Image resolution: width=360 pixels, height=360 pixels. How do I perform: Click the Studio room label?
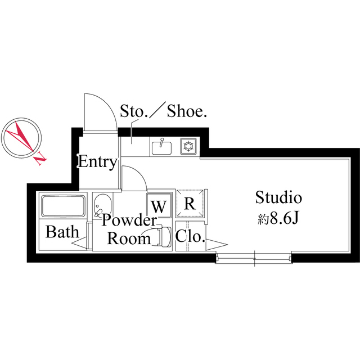[279, 197]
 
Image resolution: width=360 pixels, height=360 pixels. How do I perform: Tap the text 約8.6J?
[277, 219]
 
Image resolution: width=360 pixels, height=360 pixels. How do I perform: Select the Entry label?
[97, 163]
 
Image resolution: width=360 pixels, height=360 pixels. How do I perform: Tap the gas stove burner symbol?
[188, 147]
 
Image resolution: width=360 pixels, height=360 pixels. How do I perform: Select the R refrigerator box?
[190, 204]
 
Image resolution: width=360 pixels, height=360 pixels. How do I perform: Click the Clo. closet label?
[190, 237]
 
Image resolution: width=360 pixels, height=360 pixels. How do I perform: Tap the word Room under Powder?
[129, 238]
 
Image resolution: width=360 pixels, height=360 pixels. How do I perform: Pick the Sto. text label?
[133, 111]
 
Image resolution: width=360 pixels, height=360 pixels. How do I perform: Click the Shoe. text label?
[187, 111]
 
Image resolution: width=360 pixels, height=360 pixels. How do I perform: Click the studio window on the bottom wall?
[254, 258]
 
